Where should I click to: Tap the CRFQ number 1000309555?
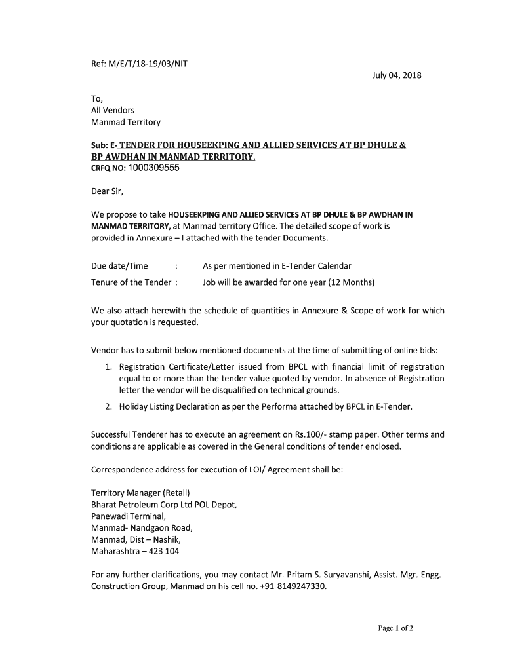pos(153,168)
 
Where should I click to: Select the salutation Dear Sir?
pos(107,191)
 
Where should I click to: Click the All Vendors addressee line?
pos(113,110)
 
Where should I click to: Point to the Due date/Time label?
pos(119,266)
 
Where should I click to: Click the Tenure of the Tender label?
pos(131,282)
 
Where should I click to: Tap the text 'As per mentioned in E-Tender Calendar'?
pos(277,266)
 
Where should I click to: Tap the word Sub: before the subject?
pos(100,145)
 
